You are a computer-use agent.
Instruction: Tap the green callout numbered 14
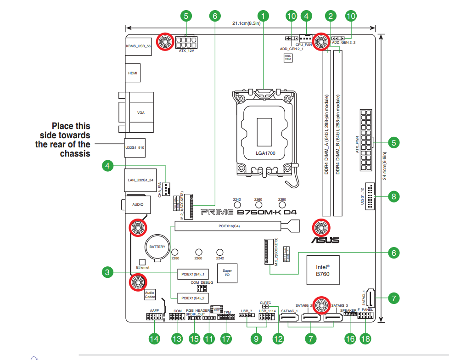pos(154,339)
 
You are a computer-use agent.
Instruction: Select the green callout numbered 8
pos(393,197)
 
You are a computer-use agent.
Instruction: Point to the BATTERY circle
pos(157,247)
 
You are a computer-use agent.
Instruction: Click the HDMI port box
pos(133,73)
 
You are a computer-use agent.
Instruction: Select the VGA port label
pos(140,112)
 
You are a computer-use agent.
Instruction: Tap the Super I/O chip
pos(227,273)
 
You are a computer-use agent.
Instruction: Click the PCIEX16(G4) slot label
pos(229,226)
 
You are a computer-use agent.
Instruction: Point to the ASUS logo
pos(326,240)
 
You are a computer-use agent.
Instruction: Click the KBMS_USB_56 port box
pos(138,46)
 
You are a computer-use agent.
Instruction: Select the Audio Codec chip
pos(150,294)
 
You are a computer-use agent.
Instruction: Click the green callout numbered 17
pos(225,339)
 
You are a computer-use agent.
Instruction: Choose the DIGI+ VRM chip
pos(288,57)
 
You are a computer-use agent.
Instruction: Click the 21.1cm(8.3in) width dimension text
pos(247,23)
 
